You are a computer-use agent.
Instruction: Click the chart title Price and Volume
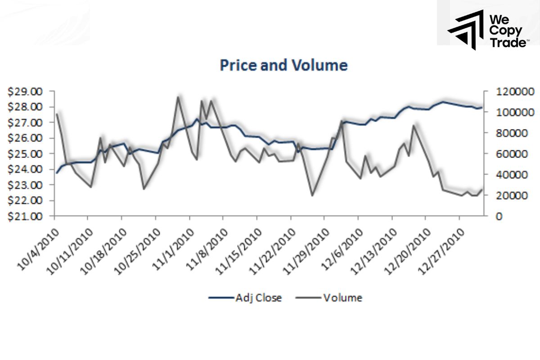click(x=283, y=66)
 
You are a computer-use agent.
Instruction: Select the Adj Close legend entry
click(x=245, y=297)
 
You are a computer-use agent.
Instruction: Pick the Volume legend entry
click(x=328, y=297)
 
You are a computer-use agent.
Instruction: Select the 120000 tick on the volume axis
click(x=514, y=92)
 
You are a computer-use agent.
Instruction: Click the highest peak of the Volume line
click(x=178, y=97)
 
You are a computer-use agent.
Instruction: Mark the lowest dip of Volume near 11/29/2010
click(x=312, y=195)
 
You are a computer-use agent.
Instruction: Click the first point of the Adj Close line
click(x=57, y=173)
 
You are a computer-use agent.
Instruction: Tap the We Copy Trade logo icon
click(x=465, y=28)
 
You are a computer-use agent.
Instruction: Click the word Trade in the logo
click(x=508, y=42)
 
